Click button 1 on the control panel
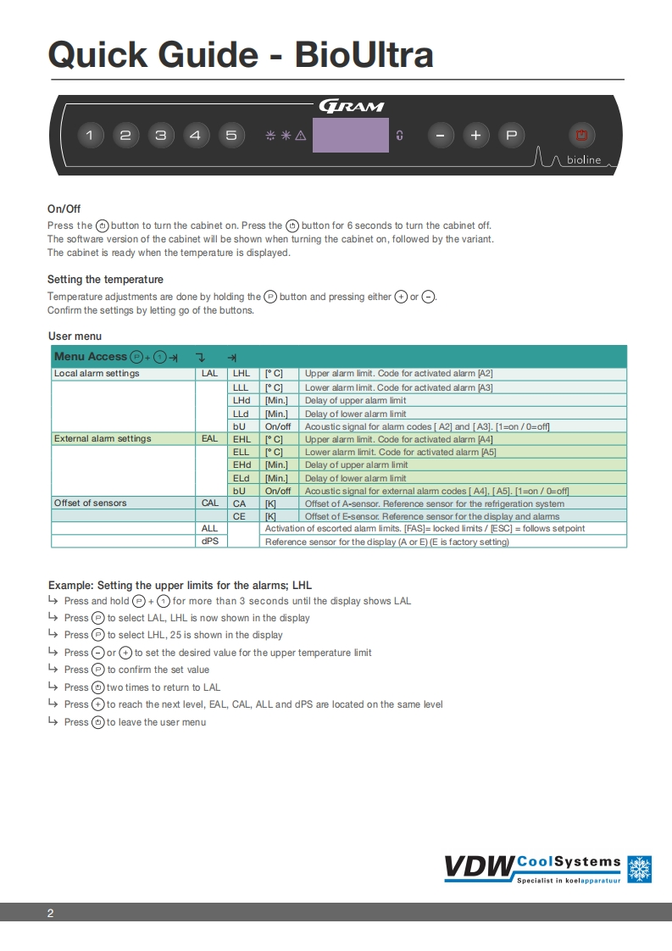91,135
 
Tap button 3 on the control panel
160,135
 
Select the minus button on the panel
440,135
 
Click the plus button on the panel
475,135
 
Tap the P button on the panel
511,135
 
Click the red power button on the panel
581,135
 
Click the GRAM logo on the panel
352,106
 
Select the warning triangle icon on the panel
300,135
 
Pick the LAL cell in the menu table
210,374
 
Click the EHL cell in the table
242,439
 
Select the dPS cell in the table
210,542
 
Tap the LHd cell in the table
242,400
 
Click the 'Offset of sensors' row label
91,503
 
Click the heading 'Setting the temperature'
106,280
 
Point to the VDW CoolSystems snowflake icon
639,869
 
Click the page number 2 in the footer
51,913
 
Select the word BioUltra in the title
364,54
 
